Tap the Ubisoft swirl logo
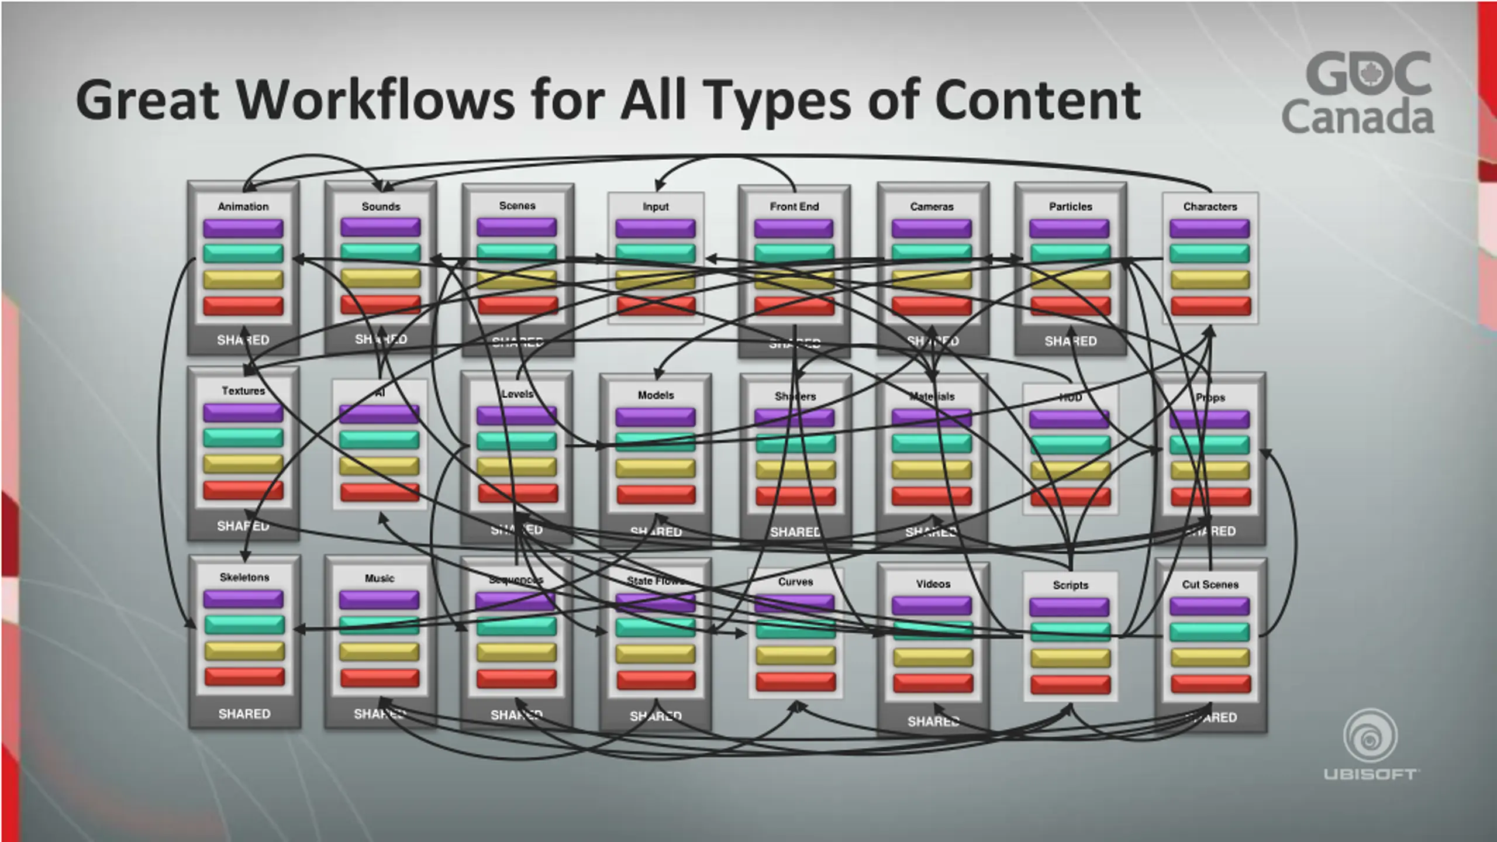pos(1370,736)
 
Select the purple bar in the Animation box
pos(243,227)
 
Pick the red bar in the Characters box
pos(1210,306)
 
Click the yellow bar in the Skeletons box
pos(244,650)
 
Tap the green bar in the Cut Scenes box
pos(1210,632)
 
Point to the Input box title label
pos(656,206)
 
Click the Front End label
pos(794,206)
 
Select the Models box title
pos(656,395)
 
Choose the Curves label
pos(795,582)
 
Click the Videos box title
pos(933,584)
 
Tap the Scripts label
pos(1070,585)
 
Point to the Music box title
pos(380,578)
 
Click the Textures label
pos(243,391)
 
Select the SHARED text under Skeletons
pos(244,713)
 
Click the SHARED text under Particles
pos(1070,341)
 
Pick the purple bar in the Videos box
pos(932,606)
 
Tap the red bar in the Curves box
pos(795,682)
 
